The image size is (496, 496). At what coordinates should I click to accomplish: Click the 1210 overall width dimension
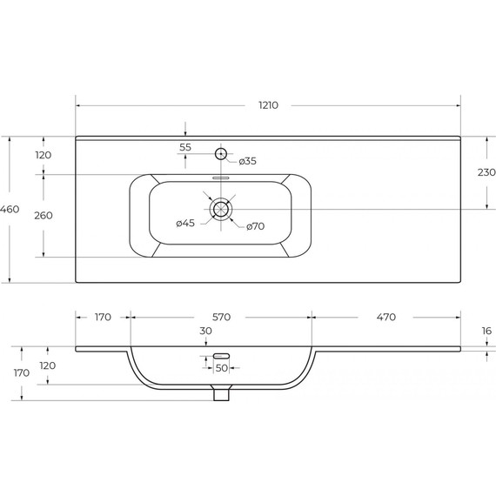[268, 105]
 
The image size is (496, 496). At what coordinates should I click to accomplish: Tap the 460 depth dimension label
[10, 209]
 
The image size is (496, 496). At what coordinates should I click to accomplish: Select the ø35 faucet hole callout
[248, 161]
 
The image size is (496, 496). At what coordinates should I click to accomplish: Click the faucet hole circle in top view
[221, 154]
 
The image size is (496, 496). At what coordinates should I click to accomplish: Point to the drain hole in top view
[221, 209]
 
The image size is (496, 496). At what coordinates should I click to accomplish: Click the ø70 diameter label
[255, 226]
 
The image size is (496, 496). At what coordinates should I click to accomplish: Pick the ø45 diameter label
[185, 223]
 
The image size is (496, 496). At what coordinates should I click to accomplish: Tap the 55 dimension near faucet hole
[185, 147]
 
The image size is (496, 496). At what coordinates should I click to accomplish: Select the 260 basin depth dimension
[44, 216]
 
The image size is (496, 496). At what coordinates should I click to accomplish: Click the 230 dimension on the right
[486, 172]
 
